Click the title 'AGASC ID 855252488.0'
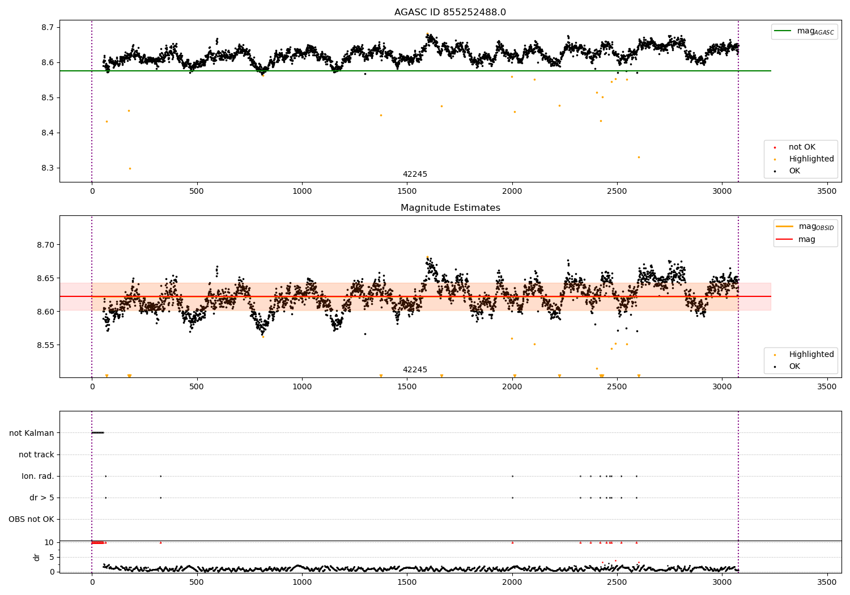coord(450,12)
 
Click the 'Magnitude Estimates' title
coord(450,208)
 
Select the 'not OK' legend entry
coord(801,147)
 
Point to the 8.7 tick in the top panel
coord(47,27)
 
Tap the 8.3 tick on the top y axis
coord(47,168)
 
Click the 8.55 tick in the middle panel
coord(45,345)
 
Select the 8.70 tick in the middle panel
coord(45,245)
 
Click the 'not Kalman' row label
coord(32,433)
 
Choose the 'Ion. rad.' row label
coord(38,476)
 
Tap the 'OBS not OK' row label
coord(32,519)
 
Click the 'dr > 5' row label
coord(42,498)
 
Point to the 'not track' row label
coord(36,454)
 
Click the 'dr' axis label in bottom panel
coord(37,557)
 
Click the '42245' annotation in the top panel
coord(415,175)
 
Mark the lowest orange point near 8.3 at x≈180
coord(130,168)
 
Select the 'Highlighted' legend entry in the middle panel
coord(811,355)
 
